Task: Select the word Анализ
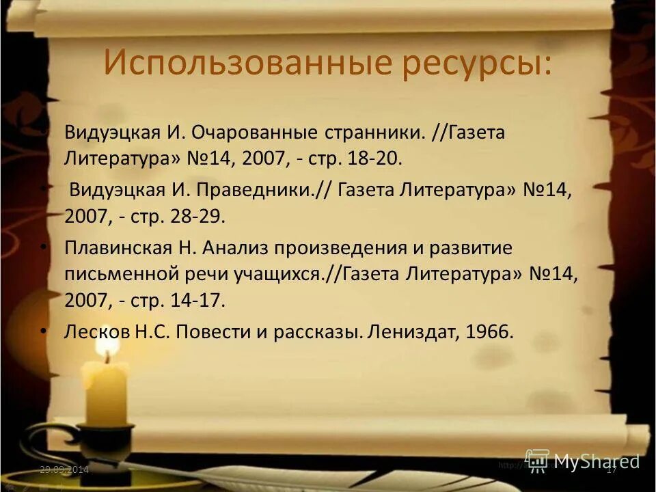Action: [x=233, y=247]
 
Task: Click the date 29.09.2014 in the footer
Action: [x=64, y=469]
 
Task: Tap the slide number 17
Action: [x=612, y=469]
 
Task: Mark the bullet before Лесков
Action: [x=44, y=330]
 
